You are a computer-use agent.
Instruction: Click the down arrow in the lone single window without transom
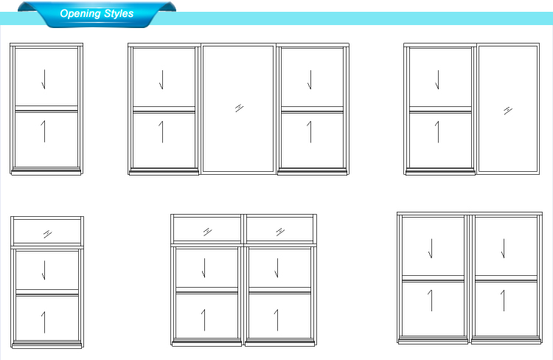point(44,80)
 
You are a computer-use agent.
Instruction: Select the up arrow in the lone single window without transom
point(44,131)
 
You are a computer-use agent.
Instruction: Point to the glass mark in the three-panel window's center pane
point(239,108)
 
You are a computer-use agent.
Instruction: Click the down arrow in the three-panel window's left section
point(161,80)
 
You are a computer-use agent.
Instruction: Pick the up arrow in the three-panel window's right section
point(310,132)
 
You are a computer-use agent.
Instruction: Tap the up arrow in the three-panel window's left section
point(161,132)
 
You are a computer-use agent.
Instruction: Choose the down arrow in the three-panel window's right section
point(310,80)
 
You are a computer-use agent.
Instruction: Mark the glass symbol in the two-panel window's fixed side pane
point(508,111)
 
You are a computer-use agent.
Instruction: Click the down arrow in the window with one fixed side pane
point(437,80)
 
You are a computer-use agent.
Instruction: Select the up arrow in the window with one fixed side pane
point(437,132)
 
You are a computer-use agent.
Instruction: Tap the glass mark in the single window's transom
point(48,234)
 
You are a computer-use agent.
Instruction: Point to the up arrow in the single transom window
point(44,322)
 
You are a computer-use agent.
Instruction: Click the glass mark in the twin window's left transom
point(207,232)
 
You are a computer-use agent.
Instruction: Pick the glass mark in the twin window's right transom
point(280,232)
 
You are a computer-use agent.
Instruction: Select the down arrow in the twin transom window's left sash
point(204,268)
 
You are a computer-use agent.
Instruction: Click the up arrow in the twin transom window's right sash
point(276,320)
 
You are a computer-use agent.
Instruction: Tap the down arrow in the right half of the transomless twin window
point(503,249)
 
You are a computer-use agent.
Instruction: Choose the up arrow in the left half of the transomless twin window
point(431,300)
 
